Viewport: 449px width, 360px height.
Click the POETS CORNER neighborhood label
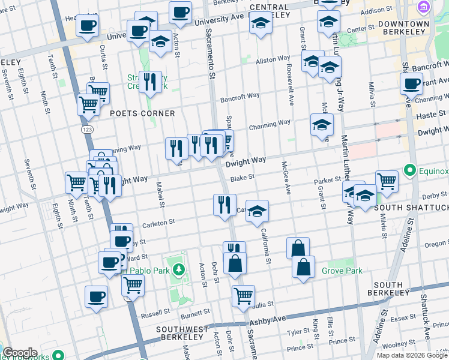pos(142,113)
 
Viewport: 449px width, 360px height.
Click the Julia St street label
pos(265,304)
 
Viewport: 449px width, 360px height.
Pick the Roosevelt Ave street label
pos(289,84)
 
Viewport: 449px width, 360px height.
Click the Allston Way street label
pos(273,59)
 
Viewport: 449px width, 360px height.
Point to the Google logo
pos(20,353)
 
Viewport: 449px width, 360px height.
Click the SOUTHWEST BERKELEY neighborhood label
pos(182,333)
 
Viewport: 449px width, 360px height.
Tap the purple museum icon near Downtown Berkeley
pos(424,7)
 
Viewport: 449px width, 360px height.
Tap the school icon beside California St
pos(257,211)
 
